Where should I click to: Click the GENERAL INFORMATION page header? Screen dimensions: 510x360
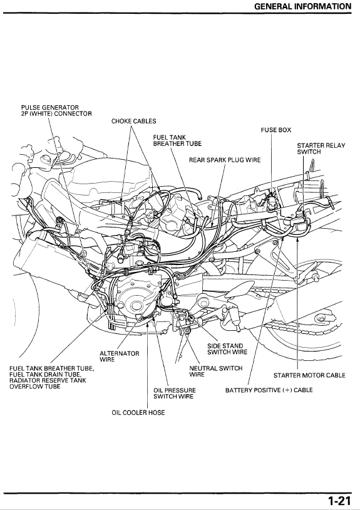click(x=303, y=6)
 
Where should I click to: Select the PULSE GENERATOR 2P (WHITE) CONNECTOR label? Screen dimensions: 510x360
click(x=56, y=110)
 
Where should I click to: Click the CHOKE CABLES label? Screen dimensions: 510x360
click(x=133, y=121)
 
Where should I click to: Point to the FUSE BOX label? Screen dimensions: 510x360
click(x=276, y=130)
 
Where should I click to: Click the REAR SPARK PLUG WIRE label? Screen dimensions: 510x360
click(x=225, y=160)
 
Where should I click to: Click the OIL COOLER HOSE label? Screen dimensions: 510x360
click(x=134, y=412)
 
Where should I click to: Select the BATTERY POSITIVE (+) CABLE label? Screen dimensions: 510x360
click(x=269, y=390)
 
